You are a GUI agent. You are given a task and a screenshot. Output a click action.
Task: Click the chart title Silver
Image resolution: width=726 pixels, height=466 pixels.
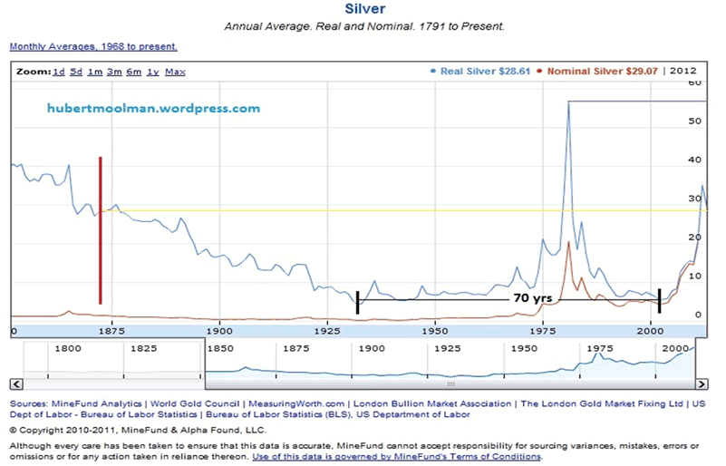tap(364, 9)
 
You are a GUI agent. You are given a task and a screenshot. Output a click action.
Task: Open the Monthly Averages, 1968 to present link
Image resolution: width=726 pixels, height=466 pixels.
tap(93, 46)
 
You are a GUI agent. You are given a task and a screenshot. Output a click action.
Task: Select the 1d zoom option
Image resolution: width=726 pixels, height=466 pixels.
tap(59, 72)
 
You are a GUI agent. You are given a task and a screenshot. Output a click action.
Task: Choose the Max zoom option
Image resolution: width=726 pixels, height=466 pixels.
tap(175, 72)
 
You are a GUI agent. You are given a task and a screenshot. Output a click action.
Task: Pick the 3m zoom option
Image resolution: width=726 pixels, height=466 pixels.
tap(113, 72)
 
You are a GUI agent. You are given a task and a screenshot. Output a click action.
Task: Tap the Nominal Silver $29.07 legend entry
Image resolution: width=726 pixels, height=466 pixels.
tap(600, 71)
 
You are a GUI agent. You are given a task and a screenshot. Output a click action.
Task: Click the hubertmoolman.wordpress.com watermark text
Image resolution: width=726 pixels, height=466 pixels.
tap(153, 108)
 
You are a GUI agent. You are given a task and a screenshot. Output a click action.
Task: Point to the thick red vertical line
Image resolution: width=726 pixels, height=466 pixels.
tap(101, 230)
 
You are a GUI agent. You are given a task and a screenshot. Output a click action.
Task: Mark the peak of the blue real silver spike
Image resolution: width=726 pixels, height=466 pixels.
tap(568, 102)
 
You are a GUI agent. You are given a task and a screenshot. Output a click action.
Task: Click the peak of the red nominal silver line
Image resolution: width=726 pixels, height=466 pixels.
tap(568, 242)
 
